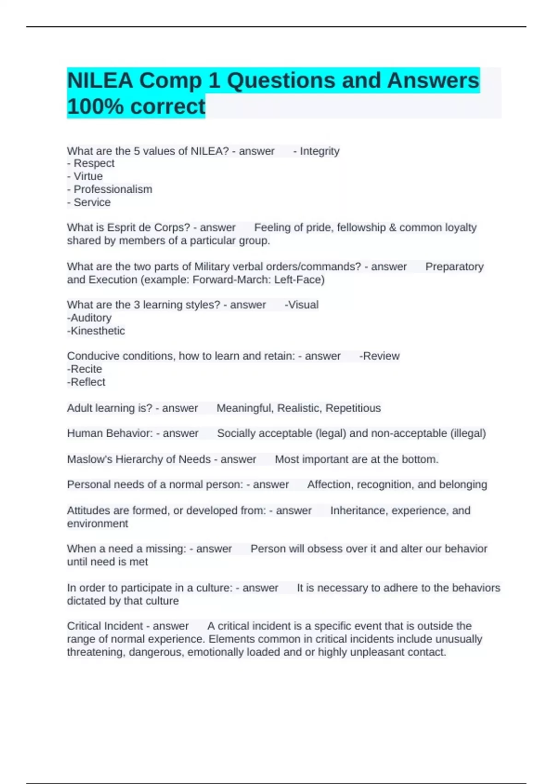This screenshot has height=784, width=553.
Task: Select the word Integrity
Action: pos(319,151)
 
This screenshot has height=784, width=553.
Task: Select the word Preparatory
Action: pos(454,267)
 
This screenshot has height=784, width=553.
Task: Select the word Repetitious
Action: pos(353,409)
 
